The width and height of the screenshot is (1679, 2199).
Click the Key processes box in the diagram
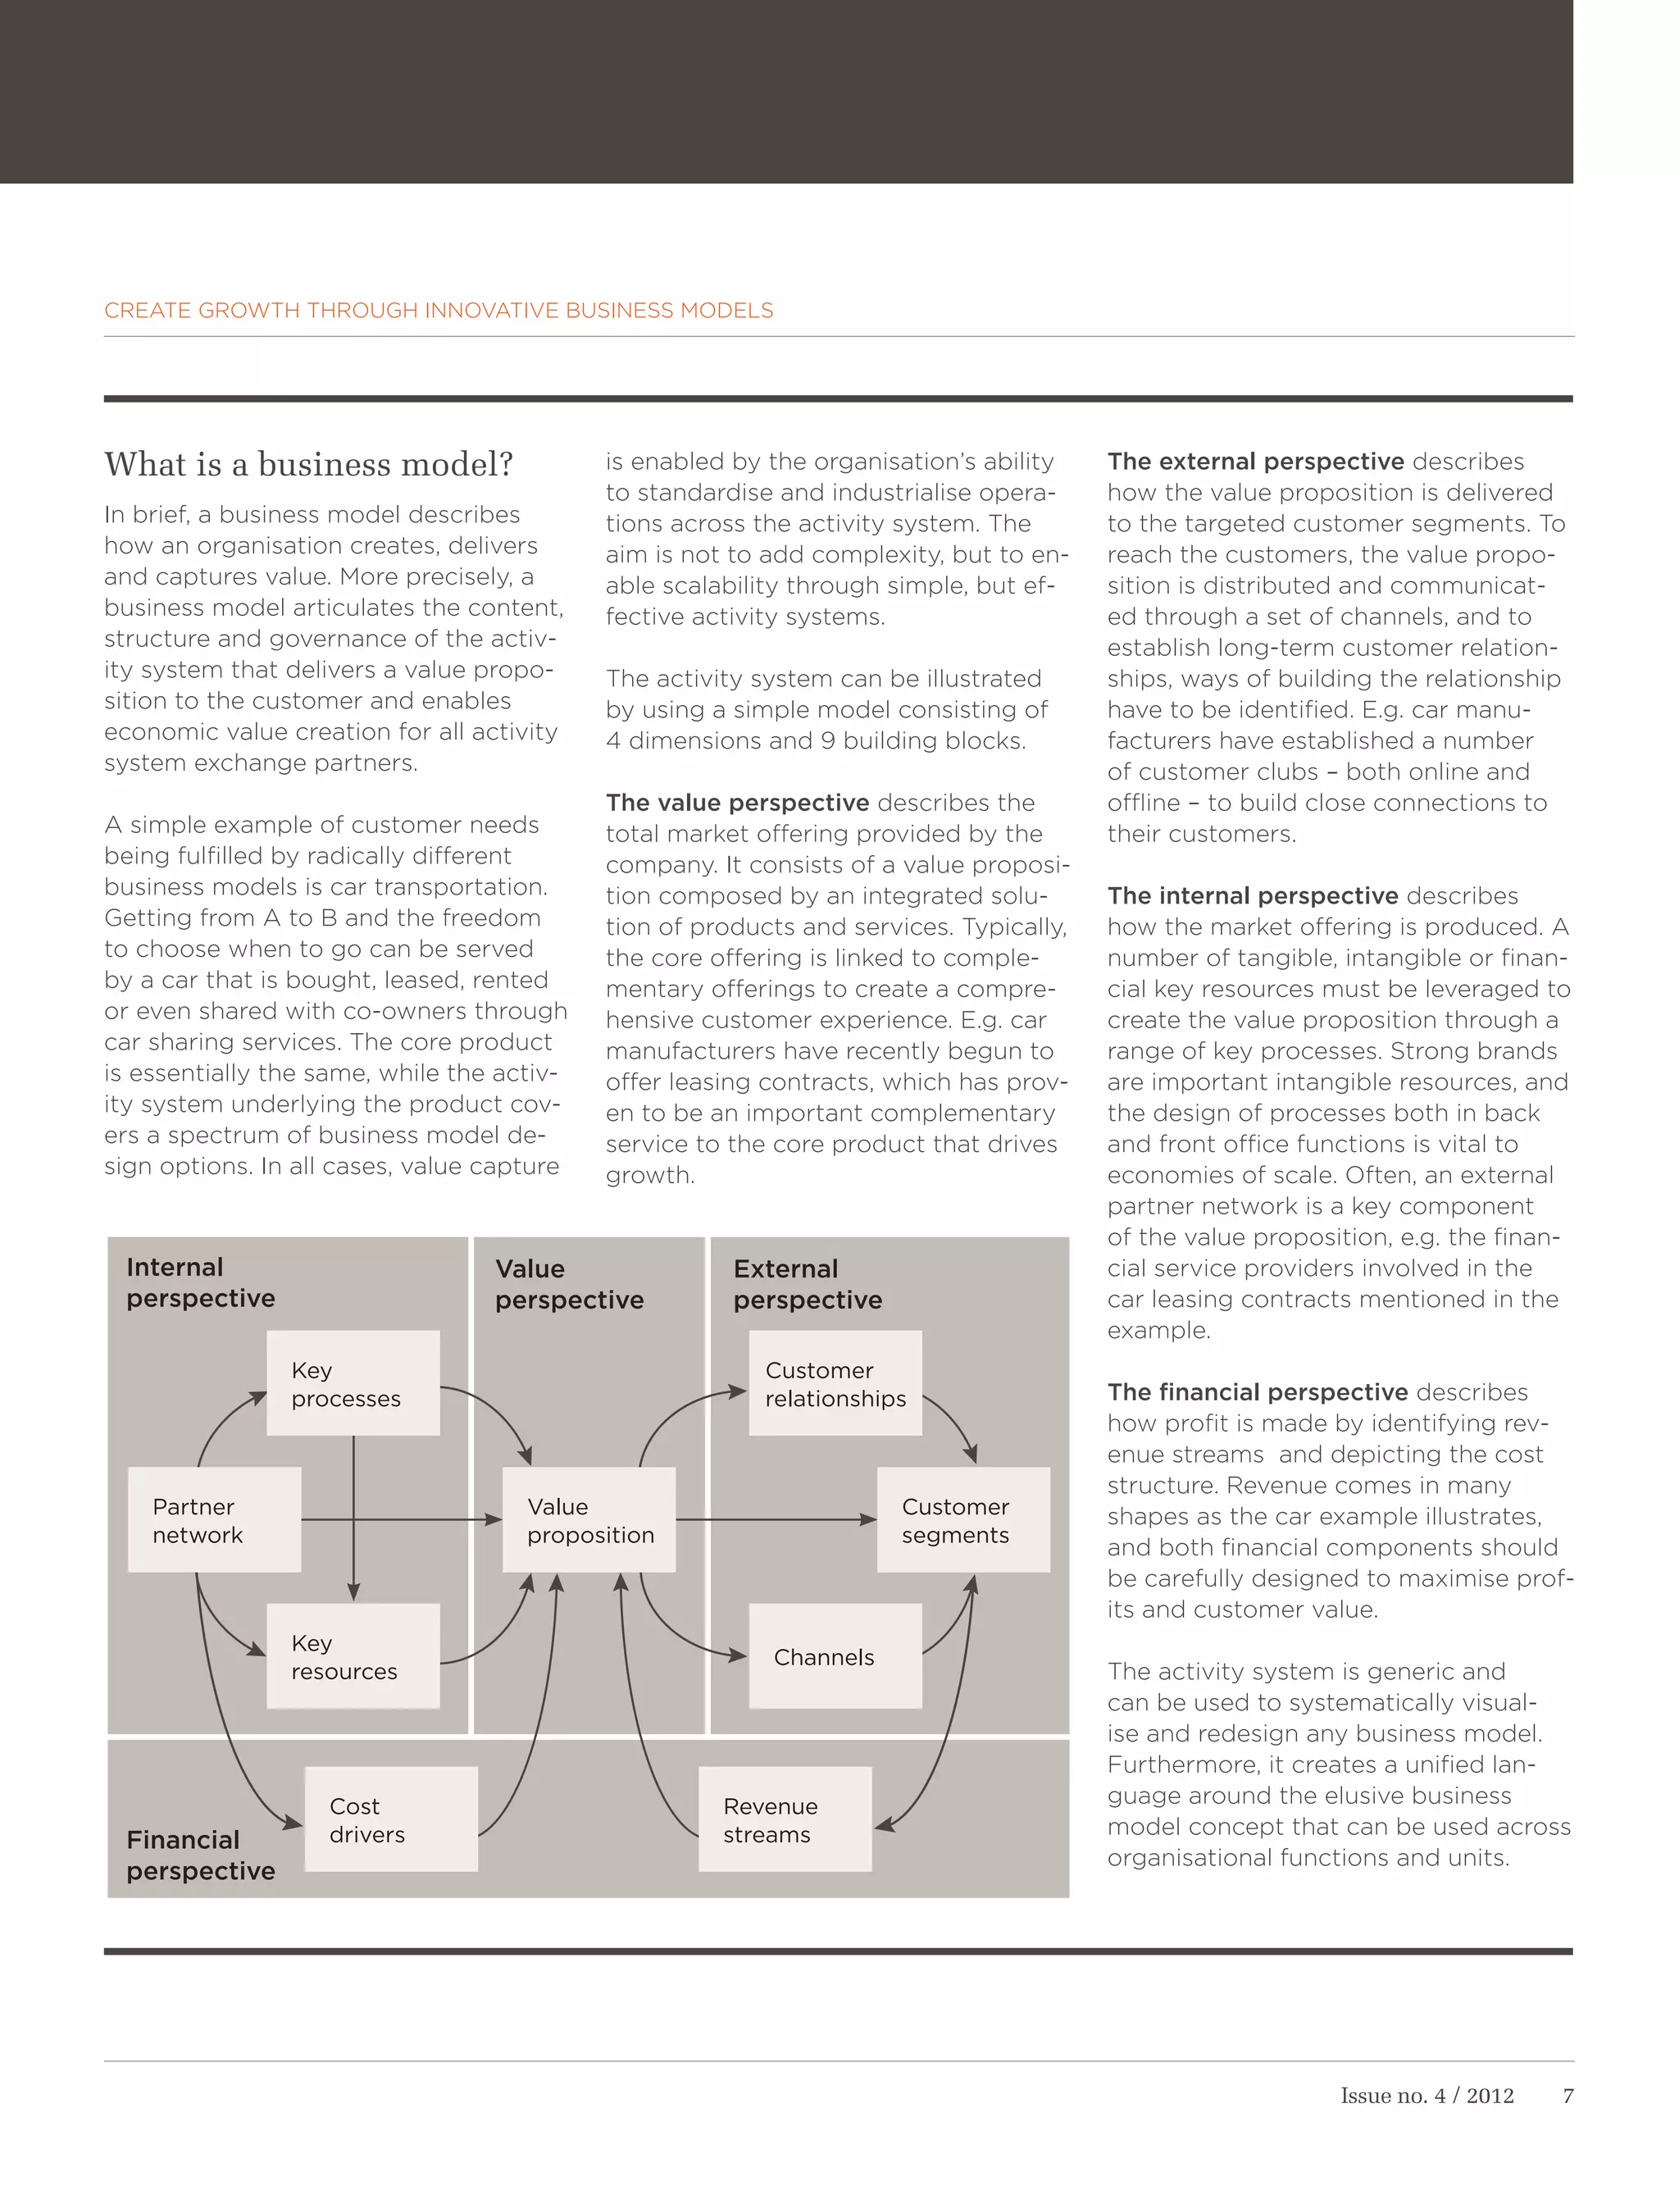353,1383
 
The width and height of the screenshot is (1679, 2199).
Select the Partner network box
214,1519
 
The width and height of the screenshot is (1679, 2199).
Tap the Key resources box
353,1656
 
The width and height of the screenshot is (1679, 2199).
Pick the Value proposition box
589,1519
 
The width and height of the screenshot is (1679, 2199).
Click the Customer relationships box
835,1383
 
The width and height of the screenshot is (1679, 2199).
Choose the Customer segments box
962,1519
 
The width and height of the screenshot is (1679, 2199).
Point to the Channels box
835,1656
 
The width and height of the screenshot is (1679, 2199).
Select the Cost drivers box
391,1819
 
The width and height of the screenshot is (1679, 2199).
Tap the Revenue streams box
785,1819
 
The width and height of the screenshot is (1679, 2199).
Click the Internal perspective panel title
200,1282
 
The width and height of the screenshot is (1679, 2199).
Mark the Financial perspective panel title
200,1855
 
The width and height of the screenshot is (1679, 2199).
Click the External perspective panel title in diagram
808,1285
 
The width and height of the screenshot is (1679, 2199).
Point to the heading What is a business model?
309,465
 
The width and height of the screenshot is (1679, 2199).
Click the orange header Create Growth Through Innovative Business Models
438,311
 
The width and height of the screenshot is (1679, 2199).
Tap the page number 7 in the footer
1567,2095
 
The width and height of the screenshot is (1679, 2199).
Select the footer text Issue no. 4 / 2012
1426,2095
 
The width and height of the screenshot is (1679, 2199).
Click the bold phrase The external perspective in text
1255,462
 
